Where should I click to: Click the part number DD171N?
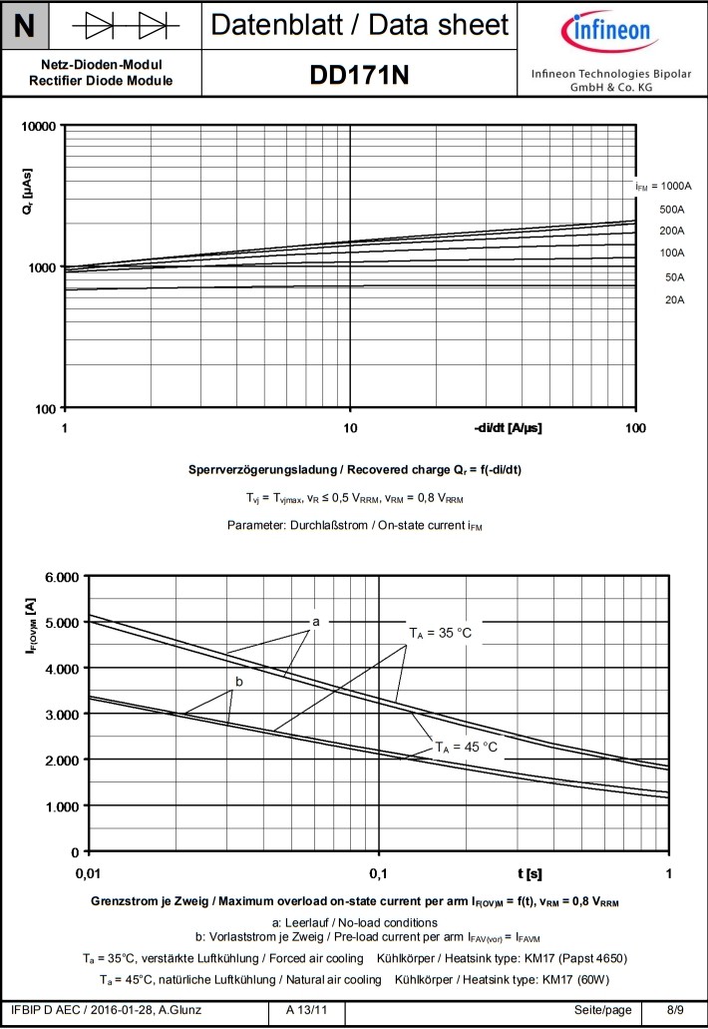[x=360, y=75]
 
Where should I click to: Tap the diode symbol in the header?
[x=125, y=24]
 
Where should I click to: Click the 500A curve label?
[x=672, y=210]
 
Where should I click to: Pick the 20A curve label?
[x=674, y=299]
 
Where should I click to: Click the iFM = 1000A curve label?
[x=663, y=187]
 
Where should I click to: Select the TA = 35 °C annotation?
[x=440, y=633]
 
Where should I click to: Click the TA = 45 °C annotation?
[x=466, y=747]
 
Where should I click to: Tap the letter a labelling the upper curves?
[x=316, y=622]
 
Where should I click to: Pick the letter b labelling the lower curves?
[x=238, y=682]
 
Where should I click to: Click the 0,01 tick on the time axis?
[x=90, y=875]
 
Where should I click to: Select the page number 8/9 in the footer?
[x=675, y=1011]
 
